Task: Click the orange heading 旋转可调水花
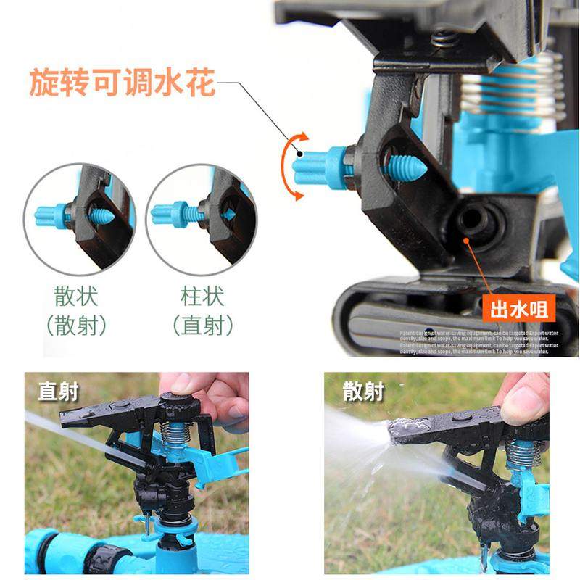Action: [122, 83]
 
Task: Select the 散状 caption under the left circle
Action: [76, 297]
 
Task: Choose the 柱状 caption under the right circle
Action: [202, 297]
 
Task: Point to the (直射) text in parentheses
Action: [202, 326]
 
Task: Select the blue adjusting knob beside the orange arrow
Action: [319, 167]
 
